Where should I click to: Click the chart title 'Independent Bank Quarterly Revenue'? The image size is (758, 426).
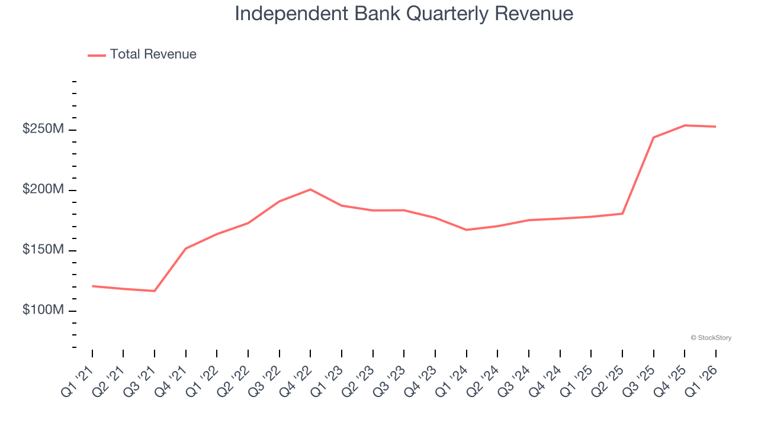pos(404,14)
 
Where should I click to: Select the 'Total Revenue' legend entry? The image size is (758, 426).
pos(153,54)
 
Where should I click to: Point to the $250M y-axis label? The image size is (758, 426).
pos(43,130)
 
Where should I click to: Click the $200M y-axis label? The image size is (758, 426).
pos(43,190)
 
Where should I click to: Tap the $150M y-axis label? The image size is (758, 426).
pos(43,250)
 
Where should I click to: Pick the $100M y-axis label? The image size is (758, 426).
pos(43,311)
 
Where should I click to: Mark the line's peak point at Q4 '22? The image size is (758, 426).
pos(310,189)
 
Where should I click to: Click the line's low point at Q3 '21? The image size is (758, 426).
pos(155,291)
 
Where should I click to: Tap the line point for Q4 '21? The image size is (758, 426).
pos(186,248)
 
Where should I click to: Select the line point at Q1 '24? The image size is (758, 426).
pos(466,230)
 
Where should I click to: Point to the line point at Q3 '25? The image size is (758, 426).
pos(653,137)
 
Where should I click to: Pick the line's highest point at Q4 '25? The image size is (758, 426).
pos(685,125)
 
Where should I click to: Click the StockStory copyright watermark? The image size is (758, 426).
pos(711,338)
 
